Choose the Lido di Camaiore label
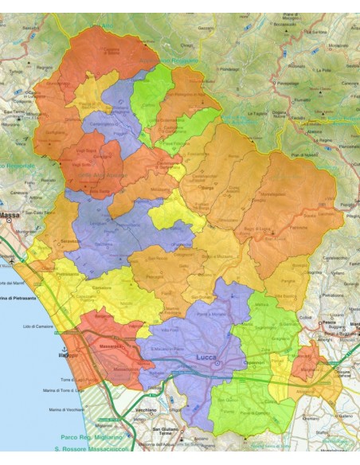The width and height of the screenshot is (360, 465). [x=40, y=327]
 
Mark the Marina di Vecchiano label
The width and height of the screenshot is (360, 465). [x=68, y=409]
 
